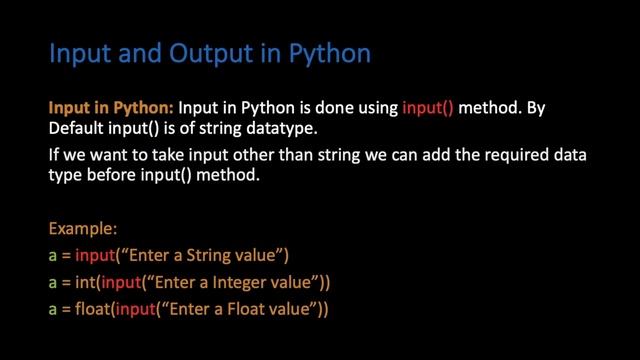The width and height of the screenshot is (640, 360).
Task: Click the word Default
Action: tap(76, 128)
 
